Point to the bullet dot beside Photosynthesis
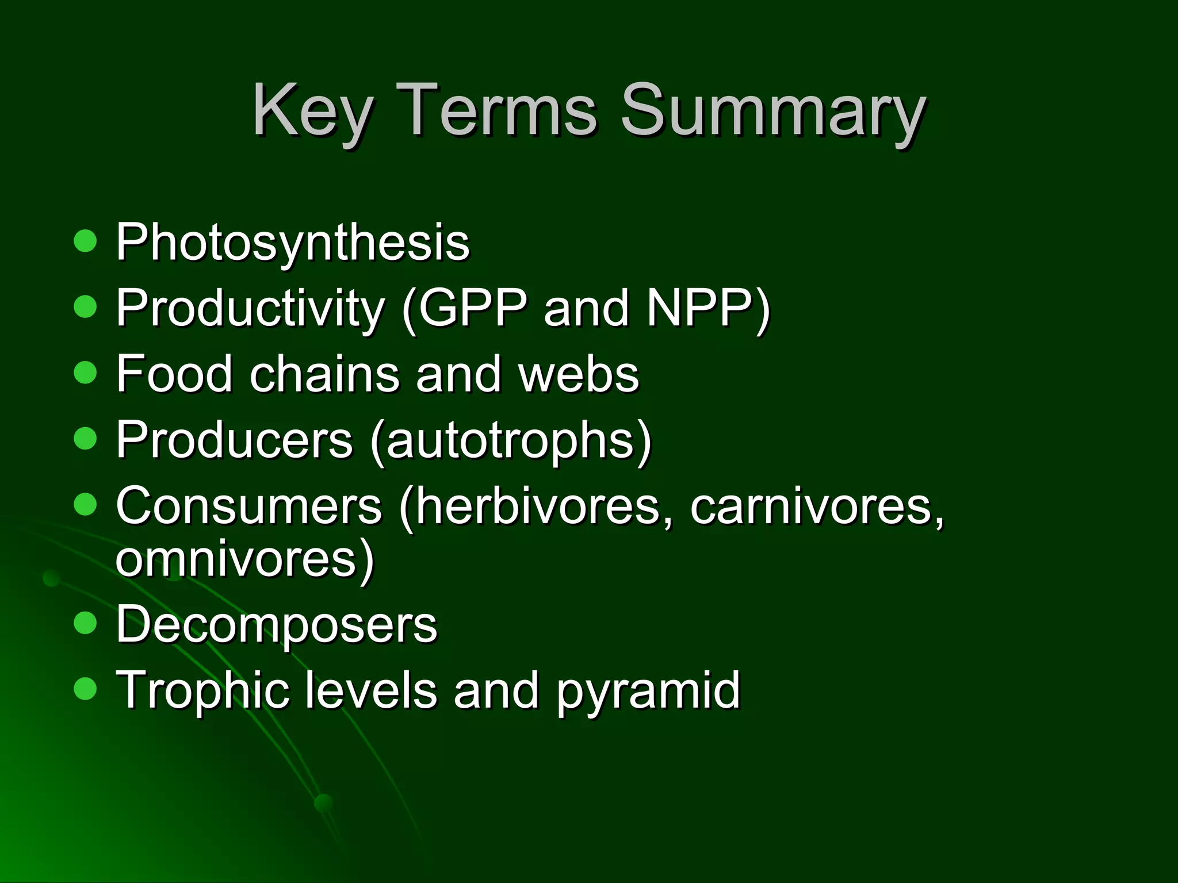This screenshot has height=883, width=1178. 86,241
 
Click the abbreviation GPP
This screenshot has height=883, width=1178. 472,308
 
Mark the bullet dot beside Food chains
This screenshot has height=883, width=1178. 86,373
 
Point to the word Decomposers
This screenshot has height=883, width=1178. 277,625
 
